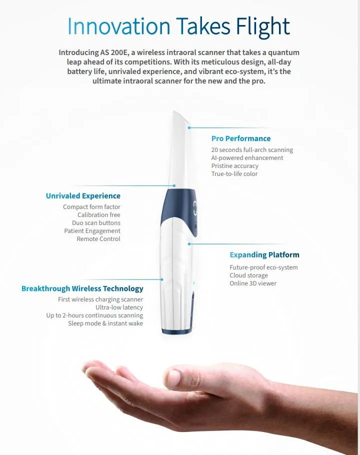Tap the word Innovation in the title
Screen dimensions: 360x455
click(x=118, y=26)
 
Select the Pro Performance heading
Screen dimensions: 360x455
click(x=241, y=138)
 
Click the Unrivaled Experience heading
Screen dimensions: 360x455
click(x=83, y=196)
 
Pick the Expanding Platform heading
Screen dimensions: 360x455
click(x=264, y=255)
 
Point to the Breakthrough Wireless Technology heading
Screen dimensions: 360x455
click(x=82, y=288)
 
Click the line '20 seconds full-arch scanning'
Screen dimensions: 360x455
click(x=252, y=150)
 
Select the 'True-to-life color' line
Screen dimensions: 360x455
click(x=234, y=174)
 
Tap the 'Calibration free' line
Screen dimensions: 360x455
click(x=98, y=214)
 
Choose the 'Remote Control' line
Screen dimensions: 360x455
click(x=98, y=239)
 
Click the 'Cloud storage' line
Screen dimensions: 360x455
click(x=248, y=275)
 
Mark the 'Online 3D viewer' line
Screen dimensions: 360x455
click(x=253, y=283)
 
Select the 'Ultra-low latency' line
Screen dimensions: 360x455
click(x=119, y=307)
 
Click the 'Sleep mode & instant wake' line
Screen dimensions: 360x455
click(x=105, y=323)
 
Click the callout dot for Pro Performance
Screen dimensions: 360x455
click(x=189, y=127)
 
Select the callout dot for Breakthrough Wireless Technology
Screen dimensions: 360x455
click(x=162, y=279)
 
